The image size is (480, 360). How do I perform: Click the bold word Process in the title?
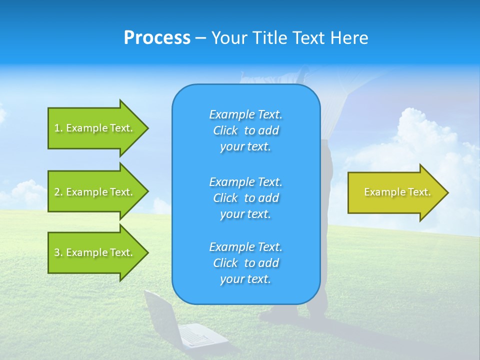click(x=157, y=37)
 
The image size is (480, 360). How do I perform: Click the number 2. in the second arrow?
click(x=58, y=192)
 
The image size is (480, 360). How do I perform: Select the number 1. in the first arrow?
click(x=58, y=128)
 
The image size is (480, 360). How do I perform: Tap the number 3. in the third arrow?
click(x=58, y=252)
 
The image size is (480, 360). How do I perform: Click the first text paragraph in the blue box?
click(x=245, y=130)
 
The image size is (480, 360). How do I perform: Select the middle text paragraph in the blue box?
click(x=245, y=198)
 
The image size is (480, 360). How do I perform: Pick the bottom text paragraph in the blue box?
click(x=245, y=263)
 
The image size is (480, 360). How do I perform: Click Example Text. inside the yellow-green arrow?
click(x=397, y=192)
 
